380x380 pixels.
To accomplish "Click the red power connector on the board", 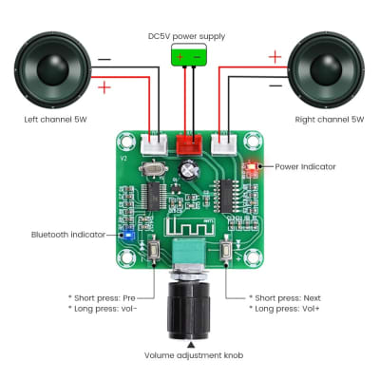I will (x=190, y=144).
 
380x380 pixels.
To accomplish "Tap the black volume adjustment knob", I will (x=190, y=310).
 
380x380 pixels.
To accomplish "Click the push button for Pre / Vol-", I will (x=155, y=252).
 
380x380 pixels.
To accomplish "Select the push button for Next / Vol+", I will (x=226, y=252).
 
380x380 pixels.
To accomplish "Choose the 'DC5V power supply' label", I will (x=187, y=36).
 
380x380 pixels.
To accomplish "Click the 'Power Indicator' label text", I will (x=305, y=166).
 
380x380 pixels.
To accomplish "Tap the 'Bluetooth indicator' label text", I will (x=67, y=234).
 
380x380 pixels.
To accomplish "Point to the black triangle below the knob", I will (x=191, y=342).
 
